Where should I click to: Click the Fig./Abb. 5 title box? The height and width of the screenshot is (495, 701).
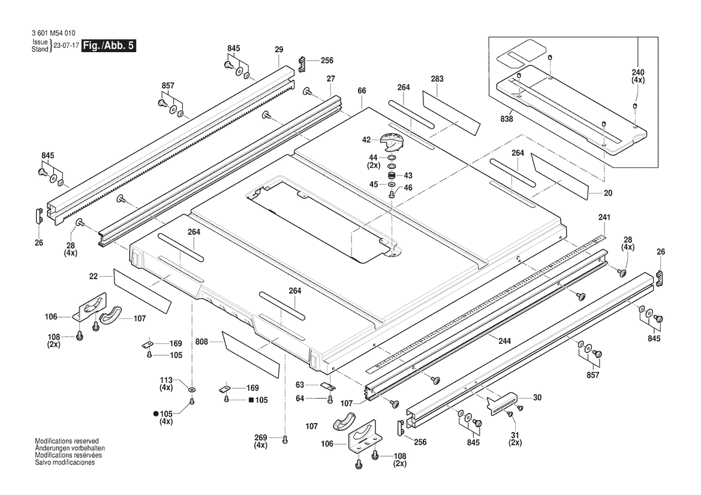pyautogui.click(x=109, y=46)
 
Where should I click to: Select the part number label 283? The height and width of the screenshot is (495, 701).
pyautogui.click(x=437, y=79)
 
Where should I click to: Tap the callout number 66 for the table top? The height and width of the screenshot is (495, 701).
pyautogui.click(x=362, y=90)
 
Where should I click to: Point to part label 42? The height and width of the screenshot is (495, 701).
pyautogui.click(x=366, y=140)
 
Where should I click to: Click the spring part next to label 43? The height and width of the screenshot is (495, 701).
pyautogui.click(x=392, y=174)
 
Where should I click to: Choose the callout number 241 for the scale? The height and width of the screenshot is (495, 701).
pyautogui.click(x=604, y=217)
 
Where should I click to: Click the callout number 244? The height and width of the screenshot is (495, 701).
pyautogui.click(x=505, y=341)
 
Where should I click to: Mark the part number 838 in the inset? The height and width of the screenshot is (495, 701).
pyautogui.click(x=507, y=119)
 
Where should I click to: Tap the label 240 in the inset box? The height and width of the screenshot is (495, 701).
pyautogui.click(x=638, y=73)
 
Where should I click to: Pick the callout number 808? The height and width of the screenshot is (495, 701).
pyautogui.click(x=201, y=342)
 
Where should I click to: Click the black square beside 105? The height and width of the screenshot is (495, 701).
pyautogui.click(x=251, y=400)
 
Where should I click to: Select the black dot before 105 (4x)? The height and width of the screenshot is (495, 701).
pyautogui.click(x=156, y=414)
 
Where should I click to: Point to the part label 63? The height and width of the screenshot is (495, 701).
pyautogui.click(x=300, y=385)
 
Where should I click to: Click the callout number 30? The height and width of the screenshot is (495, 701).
pyautogui.click(x=537, y=397)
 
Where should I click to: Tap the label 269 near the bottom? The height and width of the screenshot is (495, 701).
pyautogui.click(x=260, y=437)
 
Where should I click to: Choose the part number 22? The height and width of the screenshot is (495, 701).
pyautogui.click(x=93, y=276)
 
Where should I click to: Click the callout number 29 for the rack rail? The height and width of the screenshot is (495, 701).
pyautogui.click(x=279, y=50)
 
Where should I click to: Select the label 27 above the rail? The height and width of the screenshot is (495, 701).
pyautogui.click(x=331, y=79)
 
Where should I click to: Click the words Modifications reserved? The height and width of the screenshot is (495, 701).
pyautogui.click(x=67, y=441)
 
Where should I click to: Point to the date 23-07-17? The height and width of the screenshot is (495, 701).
pyautogui.click(x=66, y=46)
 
